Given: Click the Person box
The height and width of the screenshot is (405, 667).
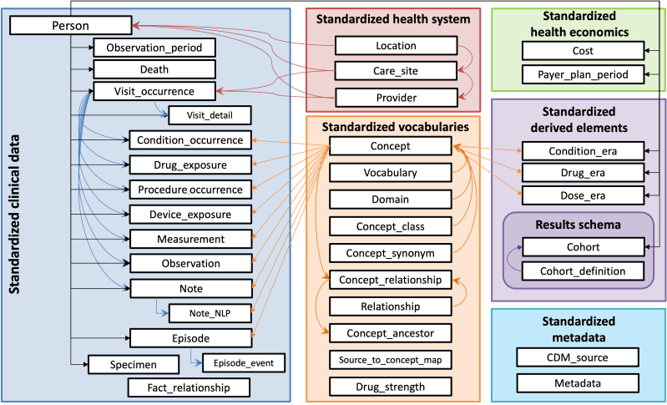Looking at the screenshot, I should point(72,25).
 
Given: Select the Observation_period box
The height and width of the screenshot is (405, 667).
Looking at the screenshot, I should point(154,48).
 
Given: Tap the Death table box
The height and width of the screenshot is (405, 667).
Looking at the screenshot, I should point(154,69).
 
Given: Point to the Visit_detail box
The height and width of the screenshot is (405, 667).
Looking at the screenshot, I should point(210,115).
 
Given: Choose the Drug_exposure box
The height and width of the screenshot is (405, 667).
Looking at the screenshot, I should point(190,165).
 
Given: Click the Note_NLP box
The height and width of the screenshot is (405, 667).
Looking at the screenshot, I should point(210,312).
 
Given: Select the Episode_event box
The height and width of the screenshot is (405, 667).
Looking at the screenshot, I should point(244,363).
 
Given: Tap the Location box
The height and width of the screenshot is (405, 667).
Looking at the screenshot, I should point(396,45).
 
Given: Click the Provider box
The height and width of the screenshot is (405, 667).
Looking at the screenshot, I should point(396,97).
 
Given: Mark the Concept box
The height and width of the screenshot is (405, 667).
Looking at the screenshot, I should point(390,147).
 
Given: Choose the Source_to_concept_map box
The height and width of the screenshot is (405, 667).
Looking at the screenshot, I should point(390,360).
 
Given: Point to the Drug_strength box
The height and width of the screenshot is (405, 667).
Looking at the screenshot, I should point(390,387).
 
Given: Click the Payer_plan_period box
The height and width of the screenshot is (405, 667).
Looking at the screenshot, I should point(584,75).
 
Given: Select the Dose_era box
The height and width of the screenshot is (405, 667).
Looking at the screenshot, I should point(584,195).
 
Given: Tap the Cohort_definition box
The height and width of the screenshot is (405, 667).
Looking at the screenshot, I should point(584,271).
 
